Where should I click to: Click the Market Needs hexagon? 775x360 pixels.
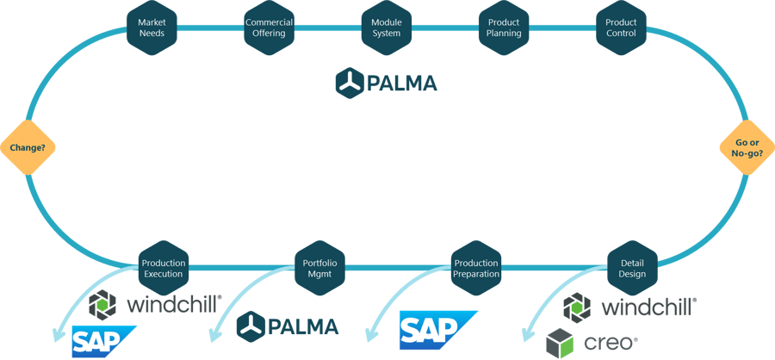(x=152, y=28)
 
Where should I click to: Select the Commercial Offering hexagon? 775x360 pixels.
(x=269, y=28)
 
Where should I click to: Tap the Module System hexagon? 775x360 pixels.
(x=386, y=28)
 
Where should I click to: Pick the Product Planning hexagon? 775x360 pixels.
(x=504, y=28)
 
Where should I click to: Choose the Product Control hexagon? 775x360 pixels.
(x=621, y=28)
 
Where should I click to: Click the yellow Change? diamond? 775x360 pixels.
(x=28, y=147)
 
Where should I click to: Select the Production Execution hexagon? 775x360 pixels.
(x=163, y=269)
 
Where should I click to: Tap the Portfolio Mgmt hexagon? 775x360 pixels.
(x=319, y=269)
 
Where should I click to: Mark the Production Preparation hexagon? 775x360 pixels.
(x=476, y=269)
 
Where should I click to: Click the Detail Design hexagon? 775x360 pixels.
(x=632, y=269)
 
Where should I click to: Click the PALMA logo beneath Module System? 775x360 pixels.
(x=387, y=83)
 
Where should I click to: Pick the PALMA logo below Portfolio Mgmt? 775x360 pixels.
(x=288, y=326)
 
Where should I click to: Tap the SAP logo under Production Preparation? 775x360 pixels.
(x=438, y=331)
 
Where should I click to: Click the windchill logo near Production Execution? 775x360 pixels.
(x=156, y=304)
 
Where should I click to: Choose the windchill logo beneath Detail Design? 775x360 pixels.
(x=629, y=307)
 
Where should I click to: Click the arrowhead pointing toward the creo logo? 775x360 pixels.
(x=525, y=334)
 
